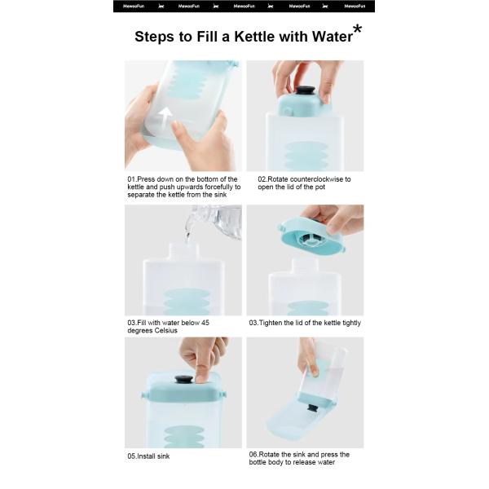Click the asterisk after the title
click(358, 29)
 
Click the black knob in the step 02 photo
click(305, 90)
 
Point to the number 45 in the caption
click(205, 323)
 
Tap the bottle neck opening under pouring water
click(184, 245)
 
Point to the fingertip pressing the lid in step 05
click(202, 377)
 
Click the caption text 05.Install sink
click(148, 456)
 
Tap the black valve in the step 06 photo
click(312, 407)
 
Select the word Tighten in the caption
click(271, 323)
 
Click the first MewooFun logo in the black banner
click(134, 7)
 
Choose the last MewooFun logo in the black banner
click(355, 7)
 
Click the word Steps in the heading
click(154, 37)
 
